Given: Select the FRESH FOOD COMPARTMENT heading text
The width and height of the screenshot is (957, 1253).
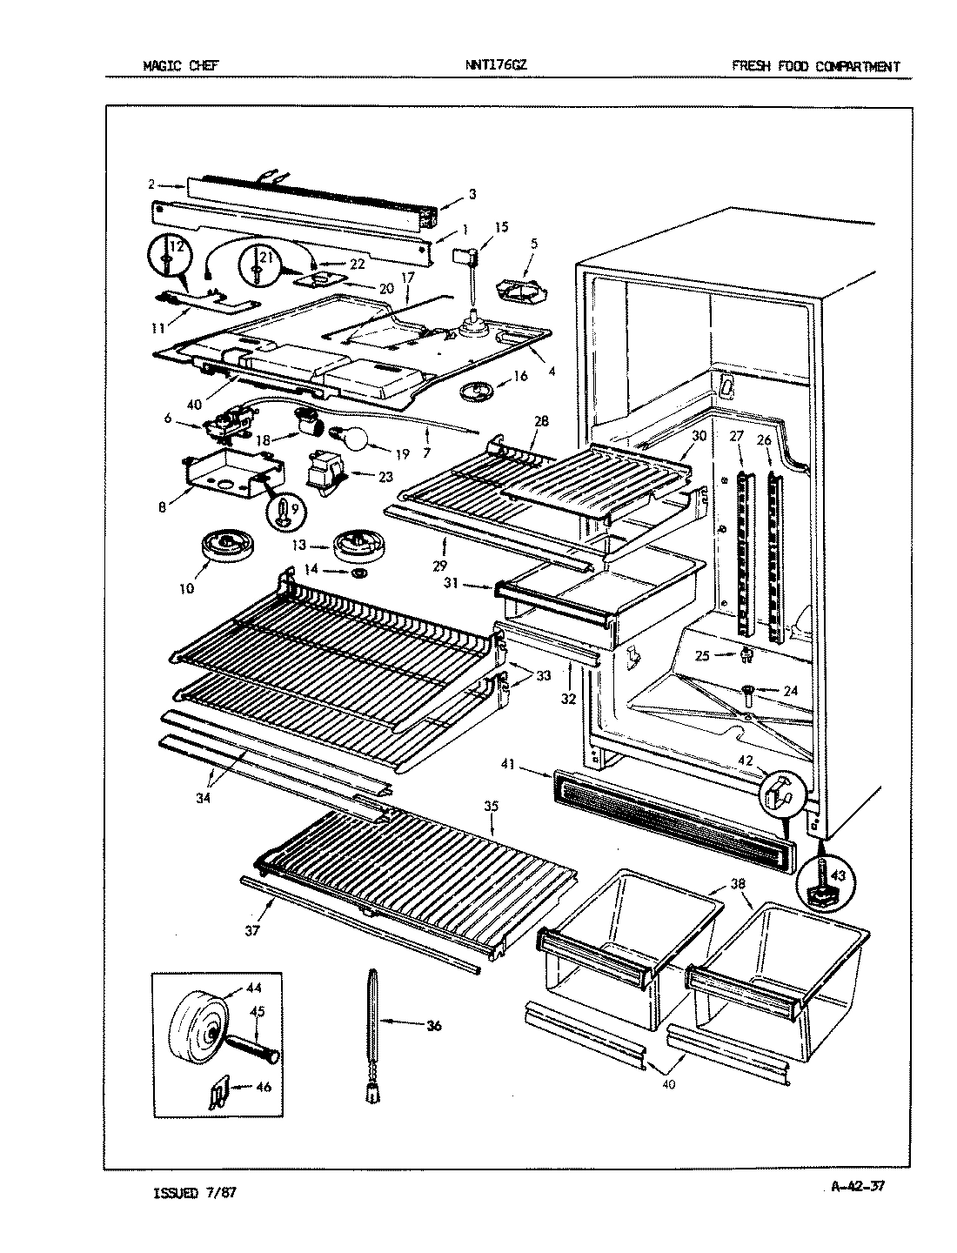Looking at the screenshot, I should (815, 66).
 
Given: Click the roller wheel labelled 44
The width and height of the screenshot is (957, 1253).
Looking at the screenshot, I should (200, 1037).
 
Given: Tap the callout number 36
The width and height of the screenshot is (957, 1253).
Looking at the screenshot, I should (432, 1026).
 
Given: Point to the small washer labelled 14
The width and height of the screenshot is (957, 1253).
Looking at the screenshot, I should (358, 574).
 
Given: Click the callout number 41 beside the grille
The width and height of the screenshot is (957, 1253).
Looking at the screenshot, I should (532, 765).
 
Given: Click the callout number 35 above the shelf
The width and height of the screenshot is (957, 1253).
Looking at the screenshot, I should (491, 807).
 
